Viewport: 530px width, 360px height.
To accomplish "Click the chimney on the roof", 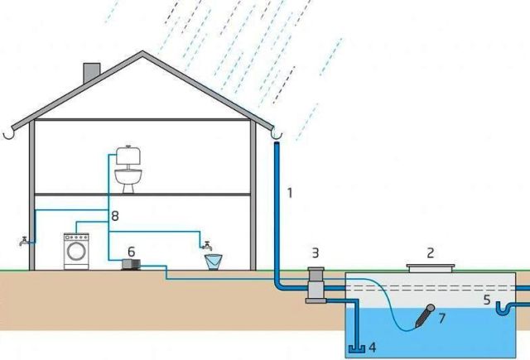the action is (x=92, y=73).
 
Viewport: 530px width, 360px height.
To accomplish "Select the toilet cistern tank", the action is (x=128, y=156).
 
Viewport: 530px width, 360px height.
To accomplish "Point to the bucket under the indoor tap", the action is (x=214, y=262).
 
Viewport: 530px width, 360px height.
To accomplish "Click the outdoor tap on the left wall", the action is (x=25, y=241).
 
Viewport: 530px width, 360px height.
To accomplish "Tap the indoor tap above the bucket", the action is (x=206, y=246).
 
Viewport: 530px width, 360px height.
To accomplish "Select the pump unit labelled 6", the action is (x=131, y=265).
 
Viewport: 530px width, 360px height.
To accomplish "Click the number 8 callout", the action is (x=115, y=216).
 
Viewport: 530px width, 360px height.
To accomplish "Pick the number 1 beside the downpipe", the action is (x=289, y=193).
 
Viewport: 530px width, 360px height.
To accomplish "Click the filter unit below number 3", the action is (x=316, y=286).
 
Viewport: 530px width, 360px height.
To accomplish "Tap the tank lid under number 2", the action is (x=431, y=268).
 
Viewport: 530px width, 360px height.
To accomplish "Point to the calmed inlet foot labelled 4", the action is (x=357, y=348).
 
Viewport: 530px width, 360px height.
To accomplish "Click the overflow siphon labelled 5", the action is (x=505, y=308).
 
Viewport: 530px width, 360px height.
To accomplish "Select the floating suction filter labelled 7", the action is (x=425, y=315).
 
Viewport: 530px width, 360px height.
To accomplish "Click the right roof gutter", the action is (x=277, y=135).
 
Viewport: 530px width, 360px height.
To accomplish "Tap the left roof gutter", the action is (x=9, y=134).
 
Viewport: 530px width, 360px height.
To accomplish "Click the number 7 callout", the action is (x=441, y=319).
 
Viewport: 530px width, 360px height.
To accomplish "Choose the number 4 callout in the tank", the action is (x=372, y=347).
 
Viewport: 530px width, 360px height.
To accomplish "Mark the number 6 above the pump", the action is (x=131, y=252).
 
